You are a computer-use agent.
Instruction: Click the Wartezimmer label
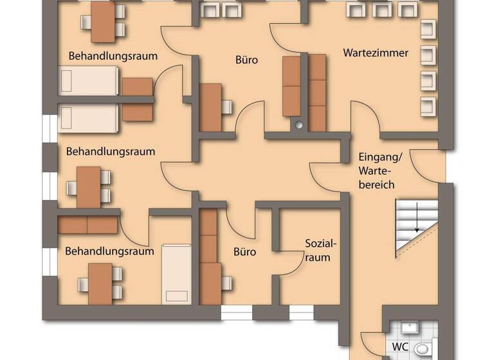[x=376, y=53]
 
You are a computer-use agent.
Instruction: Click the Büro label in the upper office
[x=246, y=60]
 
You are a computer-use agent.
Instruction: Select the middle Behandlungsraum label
[x=111, y=152]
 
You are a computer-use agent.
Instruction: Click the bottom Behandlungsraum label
[x=109, y=251]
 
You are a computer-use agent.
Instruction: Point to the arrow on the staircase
[x=417, y=219]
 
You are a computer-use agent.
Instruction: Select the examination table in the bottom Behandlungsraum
[x=176, y=273]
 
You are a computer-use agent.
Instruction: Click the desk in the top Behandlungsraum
[x=103, y=22]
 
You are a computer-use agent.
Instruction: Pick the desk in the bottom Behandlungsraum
[x=100, y=283]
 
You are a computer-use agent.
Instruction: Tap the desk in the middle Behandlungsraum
[x=88, y=186]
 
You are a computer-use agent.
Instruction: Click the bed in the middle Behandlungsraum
[x=88, y=118]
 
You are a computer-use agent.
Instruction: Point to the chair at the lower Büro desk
[x=226, y=283]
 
